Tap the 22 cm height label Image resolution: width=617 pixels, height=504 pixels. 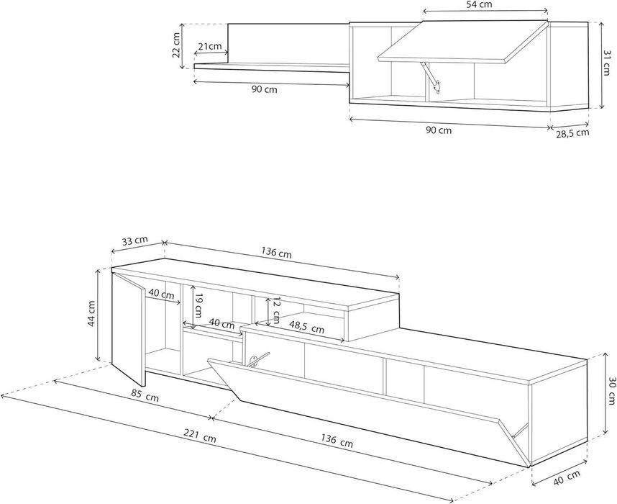point(177,45)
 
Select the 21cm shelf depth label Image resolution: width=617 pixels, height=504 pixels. point(210,47)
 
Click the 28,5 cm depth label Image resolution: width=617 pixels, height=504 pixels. point(572,133)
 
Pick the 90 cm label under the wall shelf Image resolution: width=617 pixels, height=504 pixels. point(265,89)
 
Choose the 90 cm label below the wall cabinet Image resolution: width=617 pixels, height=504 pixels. point(439,130)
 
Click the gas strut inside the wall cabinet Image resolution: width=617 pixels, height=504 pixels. point(430,76)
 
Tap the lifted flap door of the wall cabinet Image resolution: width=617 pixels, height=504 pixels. point(463,41)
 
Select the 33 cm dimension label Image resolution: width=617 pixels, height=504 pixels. point(134,240)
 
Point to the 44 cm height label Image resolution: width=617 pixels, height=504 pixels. point(91,313)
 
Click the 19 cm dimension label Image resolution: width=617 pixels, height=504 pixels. point(198,305)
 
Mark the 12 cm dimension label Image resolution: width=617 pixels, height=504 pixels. point(276,309)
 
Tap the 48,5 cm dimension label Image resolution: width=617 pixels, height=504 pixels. point(306,328)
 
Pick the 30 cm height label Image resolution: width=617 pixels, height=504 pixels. point(611,391)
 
